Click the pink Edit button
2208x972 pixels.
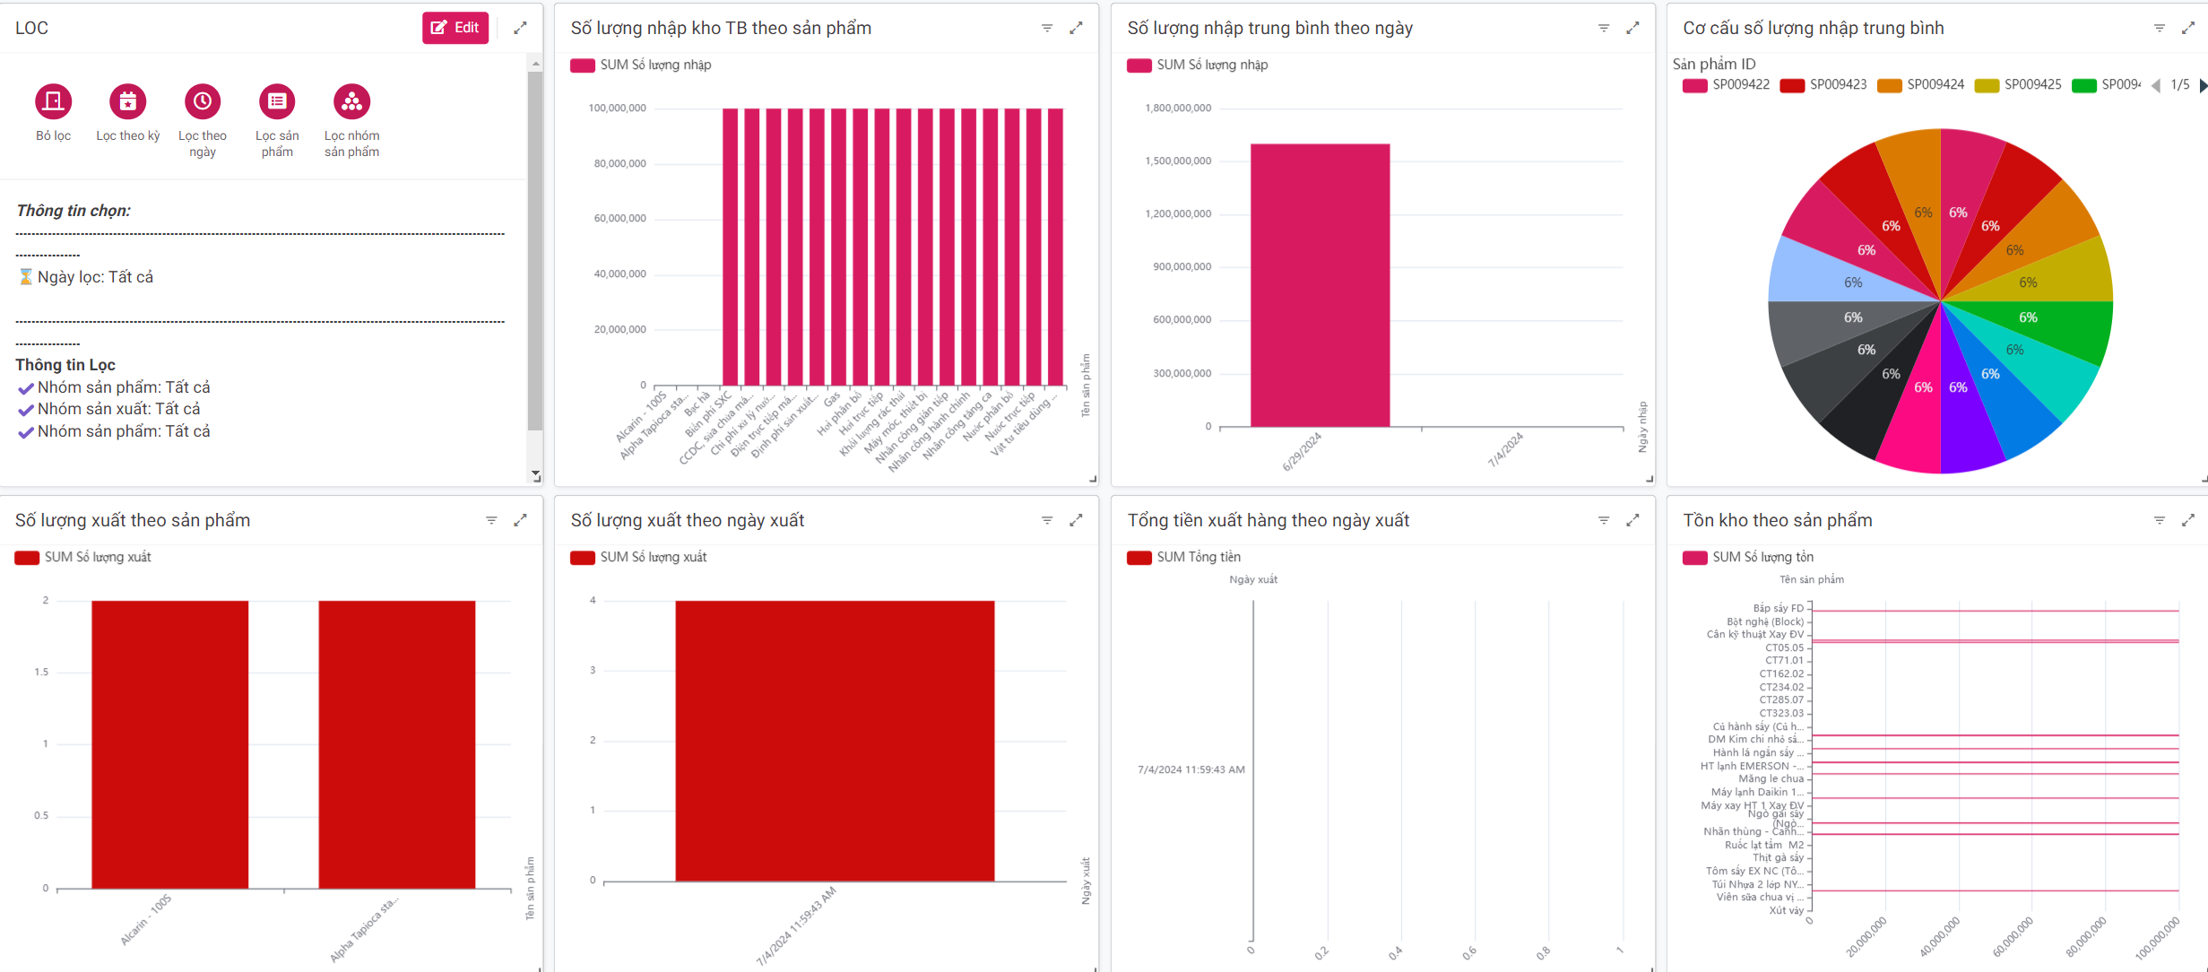455,28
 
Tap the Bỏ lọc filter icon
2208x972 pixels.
53,101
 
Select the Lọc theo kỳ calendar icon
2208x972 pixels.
128,101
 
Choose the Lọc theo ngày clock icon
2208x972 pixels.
203,101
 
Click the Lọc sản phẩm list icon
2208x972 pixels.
277,101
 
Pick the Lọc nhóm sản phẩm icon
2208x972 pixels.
351,101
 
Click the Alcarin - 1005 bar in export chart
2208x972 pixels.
169,744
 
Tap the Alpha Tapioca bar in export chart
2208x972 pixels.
396,744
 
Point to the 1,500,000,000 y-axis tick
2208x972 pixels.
1178,161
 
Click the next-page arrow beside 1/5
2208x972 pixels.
2203,85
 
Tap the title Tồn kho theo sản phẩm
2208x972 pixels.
1777,520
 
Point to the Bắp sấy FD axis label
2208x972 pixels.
1778,608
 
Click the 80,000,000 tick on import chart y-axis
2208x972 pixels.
619,163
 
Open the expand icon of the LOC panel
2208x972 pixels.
520,28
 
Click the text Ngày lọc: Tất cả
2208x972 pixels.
95,277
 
